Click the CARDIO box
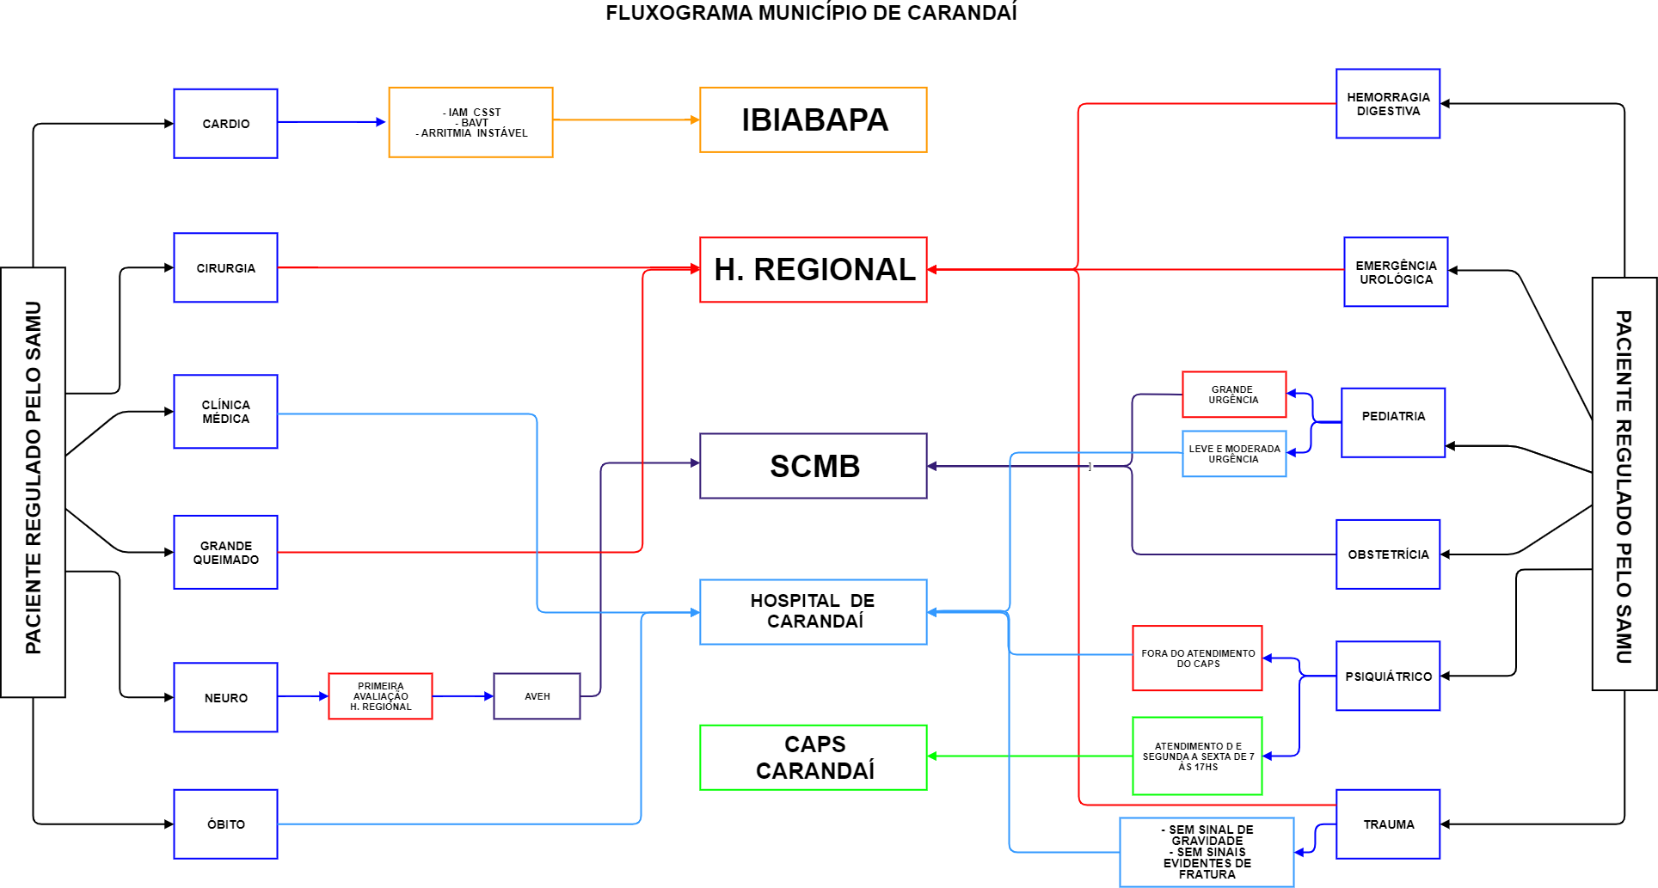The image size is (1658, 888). click(225, 124)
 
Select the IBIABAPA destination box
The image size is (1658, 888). click(813, 120)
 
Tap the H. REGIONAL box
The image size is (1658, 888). click(813, 270)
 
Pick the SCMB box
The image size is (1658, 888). click(813, 466)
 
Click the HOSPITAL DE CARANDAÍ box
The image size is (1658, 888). click(813, 611)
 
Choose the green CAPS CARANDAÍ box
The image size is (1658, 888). click(813, 757)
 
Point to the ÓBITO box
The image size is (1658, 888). click(225, 824)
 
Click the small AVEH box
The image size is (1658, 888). click(537, 696)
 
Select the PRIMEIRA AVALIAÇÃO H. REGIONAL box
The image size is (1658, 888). click(380, 696)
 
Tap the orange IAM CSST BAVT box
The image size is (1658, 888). click(470, 122)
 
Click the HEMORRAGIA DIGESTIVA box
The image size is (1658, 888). click(1387, 104)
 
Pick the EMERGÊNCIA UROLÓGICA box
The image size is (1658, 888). click(1396, 272)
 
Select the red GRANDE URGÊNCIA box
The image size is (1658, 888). click(1233, 395)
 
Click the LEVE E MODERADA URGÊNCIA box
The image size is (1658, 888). click(1233, 454)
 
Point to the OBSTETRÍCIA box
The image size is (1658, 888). click(1387, 554)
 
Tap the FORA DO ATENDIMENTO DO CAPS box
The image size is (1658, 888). click(1197, 658)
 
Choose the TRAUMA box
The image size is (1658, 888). click(1387, 824)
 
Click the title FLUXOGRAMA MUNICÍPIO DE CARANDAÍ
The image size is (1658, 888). click(811, 13)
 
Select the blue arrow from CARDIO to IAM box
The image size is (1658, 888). click(331, 122)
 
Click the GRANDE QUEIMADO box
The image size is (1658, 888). click(225, 552)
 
